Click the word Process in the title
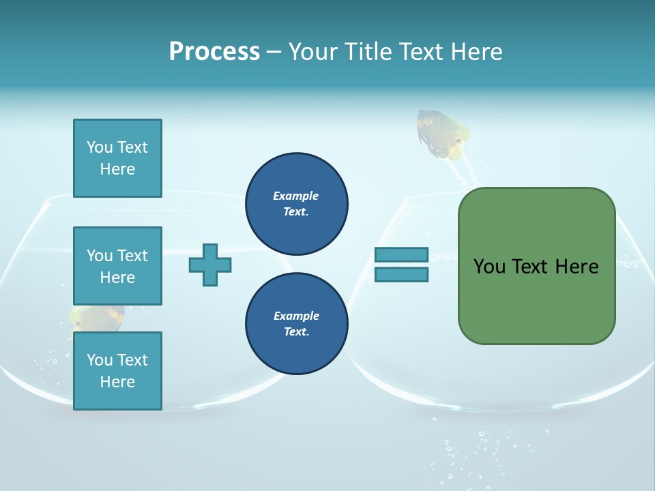[x=214, y=52]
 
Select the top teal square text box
[x=117, y=158]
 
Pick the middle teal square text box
[x=117, y=266]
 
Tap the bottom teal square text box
[x=117, y=371]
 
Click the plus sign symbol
[x=210, y=265]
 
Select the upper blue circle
[x=297, y=204]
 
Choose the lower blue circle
[x=297, y=324]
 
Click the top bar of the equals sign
[x=401, y=255]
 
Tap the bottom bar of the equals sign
[x=401, y=275]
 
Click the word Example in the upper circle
[x=295, y=196]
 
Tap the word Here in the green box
[x=577, y=267]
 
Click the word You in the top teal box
[x=100, y=147]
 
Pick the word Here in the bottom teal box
[x=117, y=382]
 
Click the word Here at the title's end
[x=478, y=52]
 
